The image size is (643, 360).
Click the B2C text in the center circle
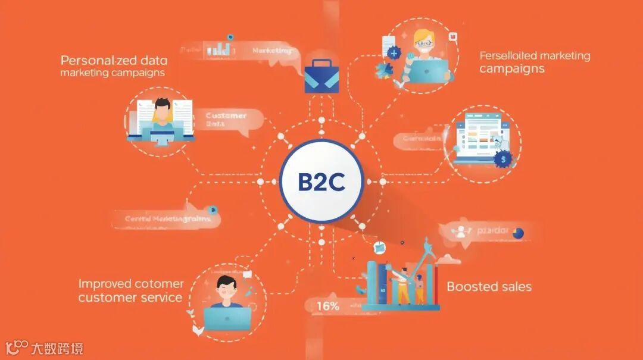point(321,182)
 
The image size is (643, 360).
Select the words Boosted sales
point(489,287)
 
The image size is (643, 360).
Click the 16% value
point(328,306)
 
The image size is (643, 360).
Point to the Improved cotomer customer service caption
point(130,290)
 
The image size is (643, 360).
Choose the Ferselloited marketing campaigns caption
point(534,62)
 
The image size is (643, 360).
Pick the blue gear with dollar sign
point(504,159)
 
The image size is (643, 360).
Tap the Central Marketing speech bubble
point(168,218)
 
